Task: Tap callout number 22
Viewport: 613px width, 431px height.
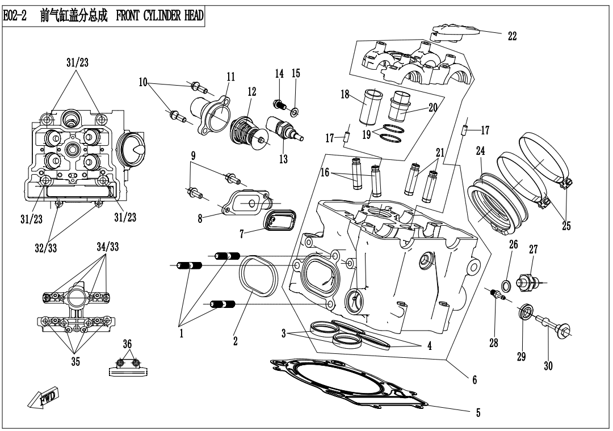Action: [512, 36]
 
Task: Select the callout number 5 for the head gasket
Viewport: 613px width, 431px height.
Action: [478, 413]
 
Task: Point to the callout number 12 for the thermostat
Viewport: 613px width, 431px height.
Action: [251, 91]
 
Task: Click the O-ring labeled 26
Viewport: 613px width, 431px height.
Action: [505, 283]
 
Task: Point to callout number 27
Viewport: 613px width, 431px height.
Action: [533, 250]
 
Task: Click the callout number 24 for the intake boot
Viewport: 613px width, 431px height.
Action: [481, 151]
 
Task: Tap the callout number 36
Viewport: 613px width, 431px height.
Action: [127, 344]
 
